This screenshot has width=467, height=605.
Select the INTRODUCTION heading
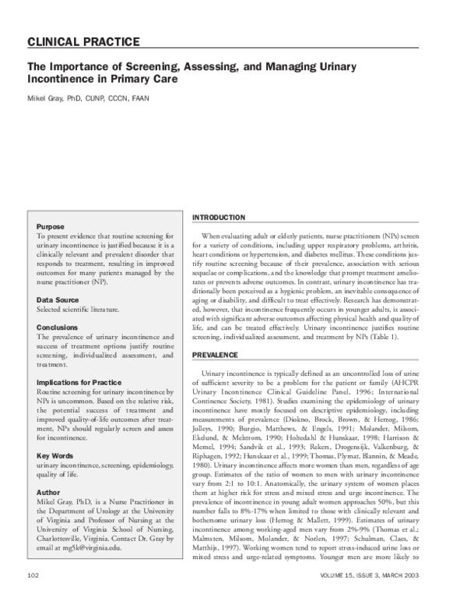tap(218, 217)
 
